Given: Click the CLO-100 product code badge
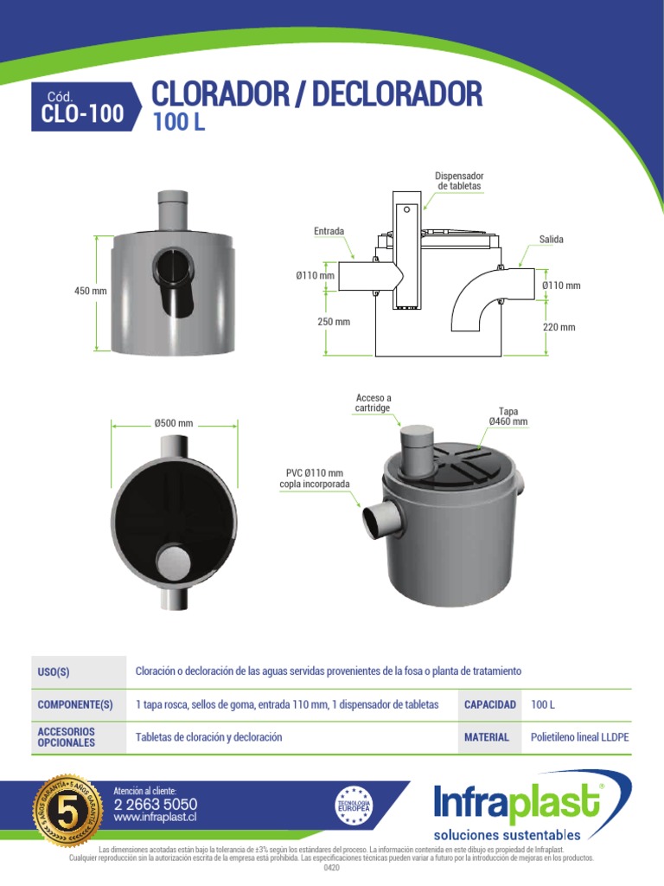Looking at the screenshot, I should tap(82, 107).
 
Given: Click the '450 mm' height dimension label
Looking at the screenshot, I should tap(91, 292).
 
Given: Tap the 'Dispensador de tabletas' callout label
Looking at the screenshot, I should tap(459, 181).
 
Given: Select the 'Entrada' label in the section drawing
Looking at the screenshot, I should tap(329, 231).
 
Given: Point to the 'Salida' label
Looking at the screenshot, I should tap(551, 239).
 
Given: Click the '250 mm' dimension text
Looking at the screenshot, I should tap(334, 322).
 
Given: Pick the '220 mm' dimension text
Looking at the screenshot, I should tap(559, 327).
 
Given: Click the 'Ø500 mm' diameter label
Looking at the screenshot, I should tap(174, 423).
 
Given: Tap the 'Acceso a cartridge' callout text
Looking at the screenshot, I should tap(373, 402).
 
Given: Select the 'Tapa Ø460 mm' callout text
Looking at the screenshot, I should tap(508, 416).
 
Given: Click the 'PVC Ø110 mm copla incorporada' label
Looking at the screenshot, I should tap(315, 478).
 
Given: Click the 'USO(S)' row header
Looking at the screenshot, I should tap(54, 672).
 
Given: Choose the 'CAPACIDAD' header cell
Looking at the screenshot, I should tap(490, 704).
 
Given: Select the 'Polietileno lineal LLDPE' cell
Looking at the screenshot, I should tap(579, 737).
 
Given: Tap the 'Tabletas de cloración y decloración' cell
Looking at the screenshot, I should tap(209, 737).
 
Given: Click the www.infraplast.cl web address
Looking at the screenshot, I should tap(156, 817).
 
